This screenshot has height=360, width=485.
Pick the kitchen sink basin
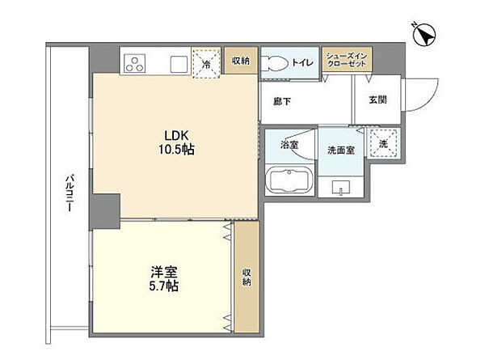pyautogui.click(x=179, y=63)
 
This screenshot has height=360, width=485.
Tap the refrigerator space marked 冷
pyautogui.click(x=206, y=62)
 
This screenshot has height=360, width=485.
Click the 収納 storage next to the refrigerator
pyautogui.click(x=240, y=61)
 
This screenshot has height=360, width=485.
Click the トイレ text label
pyautogui.click(x=304, y=61)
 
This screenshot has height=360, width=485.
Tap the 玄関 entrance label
pyautogui.click(x=377, y=100)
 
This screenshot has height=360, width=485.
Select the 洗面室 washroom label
pyautogui.click(x=340, y=150)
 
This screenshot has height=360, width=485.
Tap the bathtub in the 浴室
pyautogui.click(x=287, y=180)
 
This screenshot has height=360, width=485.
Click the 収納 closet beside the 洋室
pyautogui.click(x=247, y=277)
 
